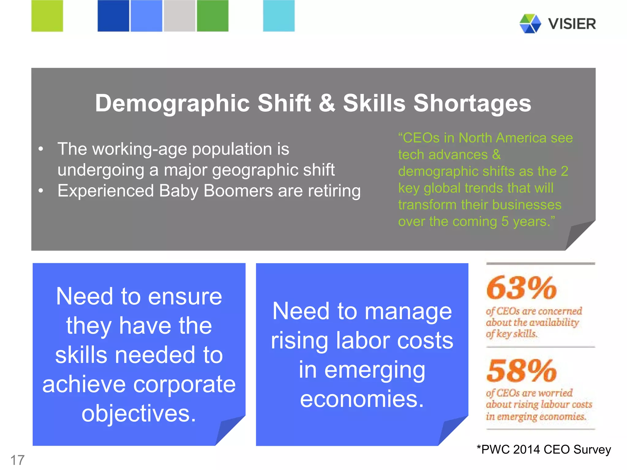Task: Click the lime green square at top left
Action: (47, 16)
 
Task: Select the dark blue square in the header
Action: (113, 16)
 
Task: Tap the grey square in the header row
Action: (179, 16)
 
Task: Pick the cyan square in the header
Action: (279, 16)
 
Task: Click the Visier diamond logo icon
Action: (530, 24)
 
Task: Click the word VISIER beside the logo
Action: (572, 24)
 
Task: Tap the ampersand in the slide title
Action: (327, 103)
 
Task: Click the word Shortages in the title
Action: (472, 103)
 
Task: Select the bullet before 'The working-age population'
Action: (41, 149)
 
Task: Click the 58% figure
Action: (521, 371)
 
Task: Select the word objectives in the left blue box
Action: (138, 413)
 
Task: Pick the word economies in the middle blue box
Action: (362, 399)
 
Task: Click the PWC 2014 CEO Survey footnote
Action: (544, 449)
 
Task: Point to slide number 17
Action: (17, 460)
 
